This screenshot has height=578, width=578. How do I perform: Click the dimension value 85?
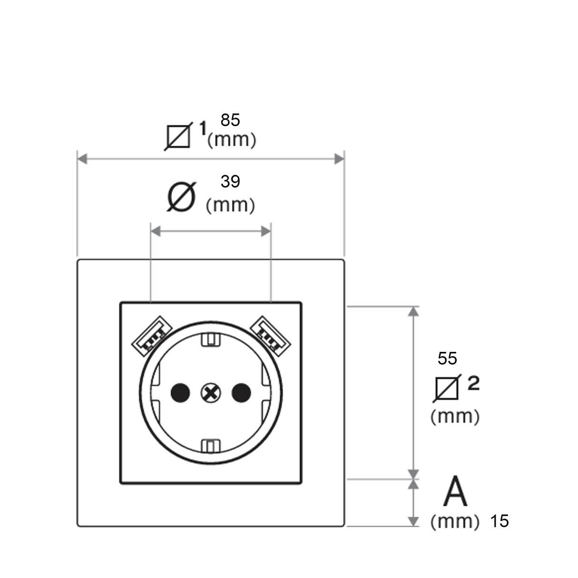(230, 120)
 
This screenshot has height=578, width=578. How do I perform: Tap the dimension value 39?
(230, 181)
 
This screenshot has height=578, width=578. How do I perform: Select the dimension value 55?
(447, 358)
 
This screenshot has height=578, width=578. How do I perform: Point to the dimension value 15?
(499, 521)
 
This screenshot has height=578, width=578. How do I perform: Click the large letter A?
(455, 490)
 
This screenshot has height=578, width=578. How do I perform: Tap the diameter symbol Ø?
(181, 197)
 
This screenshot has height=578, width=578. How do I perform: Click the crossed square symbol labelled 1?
(179, 137)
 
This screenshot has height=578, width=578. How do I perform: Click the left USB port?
(152, 336)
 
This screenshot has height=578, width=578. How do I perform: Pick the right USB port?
(270, 336)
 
